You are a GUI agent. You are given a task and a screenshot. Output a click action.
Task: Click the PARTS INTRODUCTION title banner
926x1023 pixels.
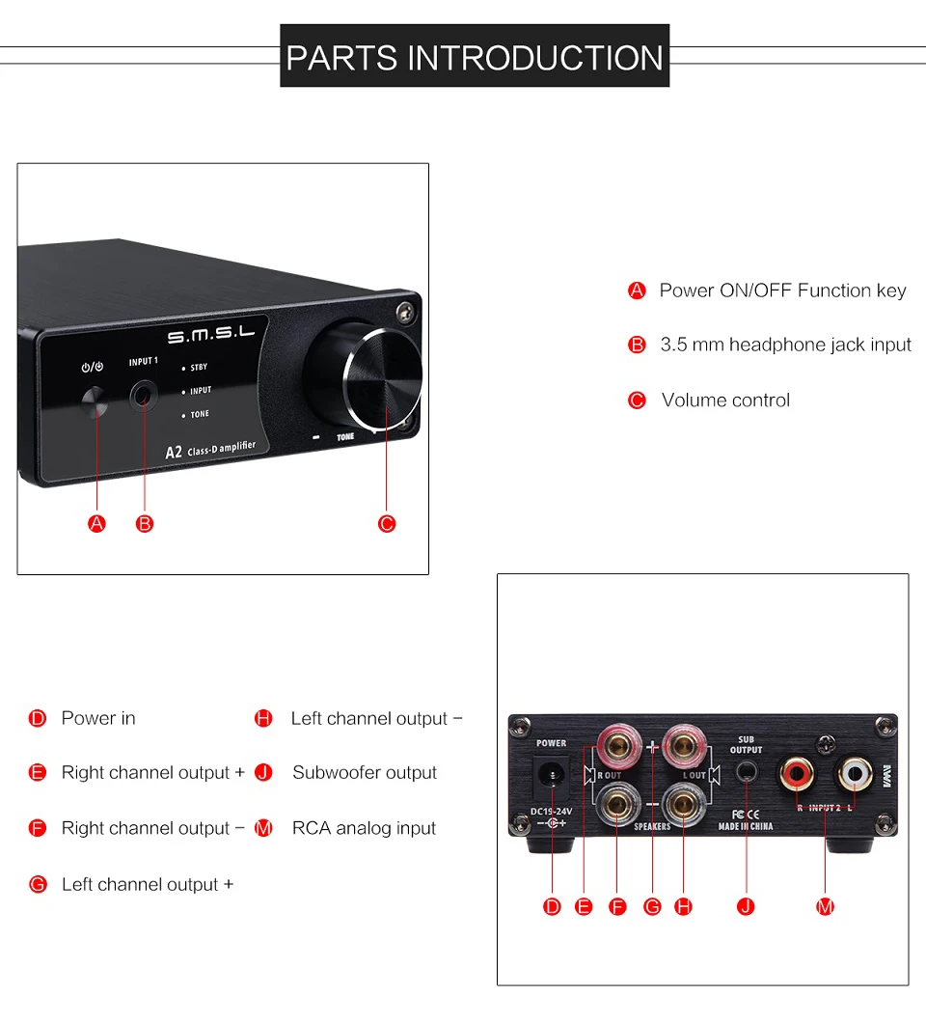coord(475,55)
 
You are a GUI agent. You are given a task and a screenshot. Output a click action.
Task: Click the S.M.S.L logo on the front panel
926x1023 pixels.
coord(210,335)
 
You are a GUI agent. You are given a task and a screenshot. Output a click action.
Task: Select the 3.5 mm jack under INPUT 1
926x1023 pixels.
coord(144,396)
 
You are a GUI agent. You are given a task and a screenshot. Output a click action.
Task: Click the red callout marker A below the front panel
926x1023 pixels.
coord(96,523)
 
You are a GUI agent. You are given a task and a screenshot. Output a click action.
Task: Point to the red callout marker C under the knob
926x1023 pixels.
coord(387,523)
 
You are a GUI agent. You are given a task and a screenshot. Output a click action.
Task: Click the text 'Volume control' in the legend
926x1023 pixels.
coord(725,400)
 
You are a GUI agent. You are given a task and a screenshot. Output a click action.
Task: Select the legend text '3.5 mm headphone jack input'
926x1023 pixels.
coord(786,345)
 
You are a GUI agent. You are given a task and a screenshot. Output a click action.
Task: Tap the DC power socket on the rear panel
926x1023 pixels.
coord(552,775)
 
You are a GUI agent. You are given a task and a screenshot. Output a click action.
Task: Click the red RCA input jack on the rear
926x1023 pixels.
coord(796,774)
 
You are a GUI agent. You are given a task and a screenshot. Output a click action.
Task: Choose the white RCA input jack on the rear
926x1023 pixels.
coord(855,774)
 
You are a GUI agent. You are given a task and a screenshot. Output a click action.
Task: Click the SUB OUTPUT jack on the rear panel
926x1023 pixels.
coord(747,772)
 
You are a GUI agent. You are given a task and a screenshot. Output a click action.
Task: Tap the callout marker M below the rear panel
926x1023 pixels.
coord(825,906)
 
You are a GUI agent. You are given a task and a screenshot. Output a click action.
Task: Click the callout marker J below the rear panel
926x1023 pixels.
coord(746,906)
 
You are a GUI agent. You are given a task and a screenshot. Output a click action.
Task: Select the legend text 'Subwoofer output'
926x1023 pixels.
coord(365,772)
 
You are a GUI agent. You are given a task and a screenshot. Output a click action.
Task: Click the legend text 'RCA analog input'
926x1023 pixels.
coord(364,828)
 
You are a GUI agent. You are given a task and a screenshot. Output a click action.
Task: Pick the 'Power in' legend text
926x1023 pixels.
coord(98,718)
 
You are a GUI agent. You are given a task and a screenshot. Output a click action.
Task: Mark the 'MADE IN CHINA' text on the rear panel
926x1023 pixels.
coord(746,826)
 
